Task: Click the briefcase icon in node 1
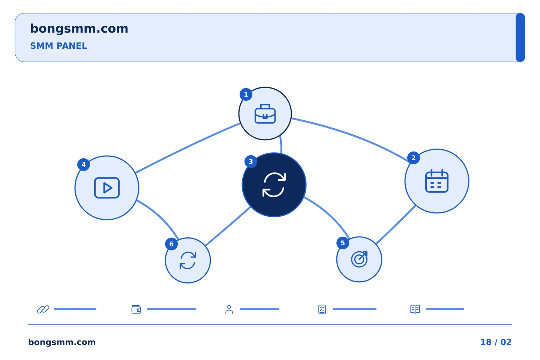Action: (x=265, y=114)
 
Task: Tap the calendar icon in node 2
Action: (x=436, y=181)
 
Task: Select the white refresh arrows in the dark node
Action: (x=274, y=185)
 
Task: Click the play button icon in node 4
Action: (x=107, y=187)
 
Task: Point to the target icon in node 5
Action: (x=359, y=259)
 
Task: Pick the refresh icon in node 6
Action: (x=188, y=260)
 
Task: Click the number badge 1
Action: (x=246, y=94)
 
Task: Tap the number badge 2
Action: (x=413, y=158)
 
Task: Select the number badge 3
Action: (x=251, y=162)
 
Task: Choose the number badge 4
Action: (x=83, y=165)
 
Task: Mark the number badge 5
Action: (x=343, y=243)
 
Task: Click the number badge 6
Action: (x=171, y=244)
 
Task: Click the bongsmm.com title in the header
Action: (x=79, y=29)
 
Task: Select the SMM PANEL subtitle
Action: (x=58, y=46)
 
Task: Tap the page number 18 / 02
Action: (x=496, y=342)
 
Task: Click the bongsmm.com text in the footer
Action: (x=62, y=342)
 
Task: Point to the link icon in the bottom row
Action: (x=43, y=309)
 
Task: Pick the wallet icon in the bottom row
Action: (x=136, y=309)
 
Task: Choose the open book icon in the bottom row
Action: (x=415, y=309)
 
